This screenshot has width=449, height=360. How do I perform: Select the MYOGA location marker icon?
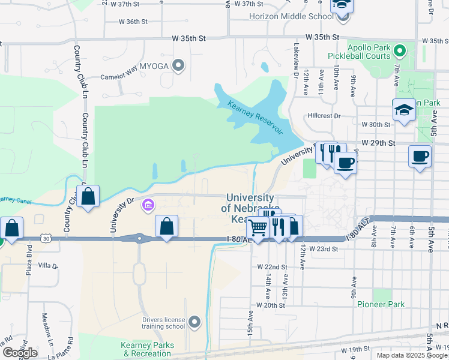[x=178, y=65]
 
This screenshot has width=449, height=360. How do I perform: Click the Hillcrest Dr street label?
[x=324, y=116]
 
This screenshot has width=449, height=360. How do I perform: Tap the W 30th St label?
[x=376, y=125]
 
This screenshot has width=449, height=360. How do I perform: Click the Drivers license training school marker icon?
[x=194, y=323]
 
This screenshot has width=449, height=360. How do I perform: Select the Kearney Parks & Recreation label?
[x=148, y=349]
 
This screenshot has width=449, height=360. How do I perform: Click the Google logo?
[x=20, y=352]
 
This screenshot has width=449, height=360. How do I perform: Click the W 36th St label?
[x=133, y=22]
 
